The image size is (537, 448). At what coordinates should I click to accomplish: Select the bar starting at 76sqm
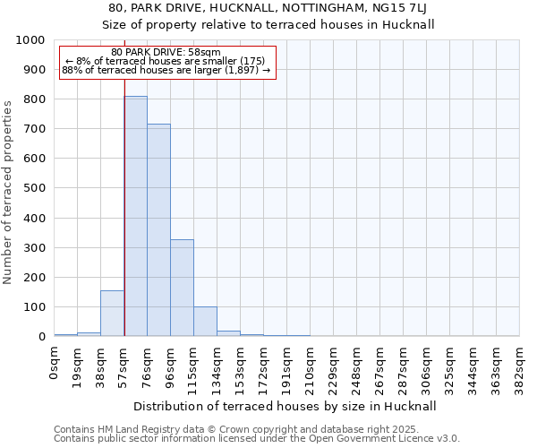[x=158, y=230]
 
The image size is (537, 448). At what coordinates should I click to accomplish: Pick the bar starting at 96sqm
[x=182, y=288]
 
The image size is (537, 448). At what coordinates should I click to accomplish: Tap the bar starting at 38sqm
[x=112, y=314]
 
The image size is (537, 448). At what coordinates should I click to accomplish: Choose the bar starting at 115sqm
[x=205, y=322]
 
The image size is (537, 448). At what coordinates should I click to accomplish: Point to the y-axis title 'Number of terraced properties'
[x=8, y=192]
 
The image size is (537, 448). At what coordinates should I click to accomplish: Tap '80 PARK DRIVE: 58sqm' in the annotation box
[x=166, y=53]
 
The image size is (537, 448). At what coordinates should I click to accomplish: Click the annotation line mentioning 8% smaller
[x=166, y=61]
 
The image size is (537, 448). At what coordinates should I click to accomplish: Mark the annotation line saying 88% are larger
[x=166, y=70]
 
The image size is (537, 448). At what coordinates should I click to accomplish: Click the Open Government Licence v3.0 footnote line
[x=256, y=439]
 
